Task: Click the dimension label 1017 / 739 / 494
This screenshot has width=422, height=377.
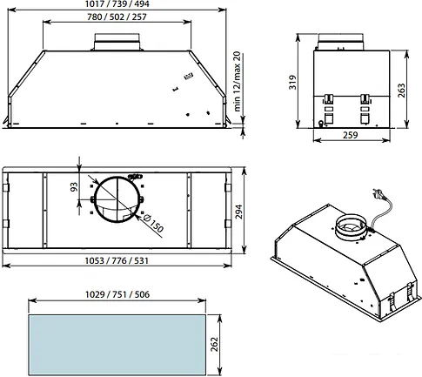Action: pyautogui.click(x=117, y=4)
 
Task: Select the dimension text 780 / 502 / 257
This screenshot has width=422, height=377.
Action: pyautogui.click(x=117, y=17)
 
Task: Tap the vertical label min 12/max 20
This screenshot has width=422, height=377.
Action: pyautogui.click(x=237, y=82)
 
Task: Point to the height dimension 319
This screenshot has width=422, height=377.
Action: pyautogui.click(x=292, y=82)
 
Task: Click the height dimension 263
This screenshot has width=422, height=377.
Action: pyautogui.click(x=401, y=91)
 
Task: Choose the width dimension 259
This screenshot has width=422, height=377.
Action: pyautogui.click(x=351, y=135)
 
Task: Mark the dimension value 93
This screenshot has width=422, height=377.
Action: pyautogui.click(x=74, y=187)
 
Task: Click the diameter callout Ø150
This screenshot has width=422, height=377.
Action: pyautogui.click(x=153, y=223)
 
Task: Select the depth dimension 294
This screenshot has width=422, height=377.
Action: pyautogui.click(x=238, y=212)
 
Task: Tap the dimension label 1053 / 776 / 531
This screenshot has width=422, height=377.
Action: pyautogui.click(x=117, y=260)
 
